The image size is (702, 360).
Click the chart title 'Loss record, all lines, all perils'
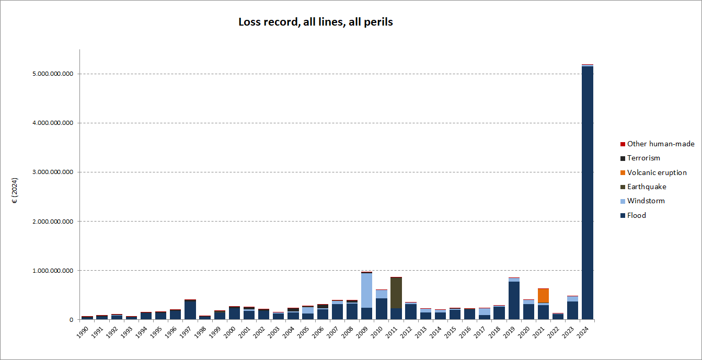(x=315, y=22)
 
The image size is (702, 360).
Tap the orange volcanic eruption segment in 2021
(x=543, y=296)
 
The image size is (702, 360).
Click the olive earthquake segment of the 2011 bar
(x=396, y=293)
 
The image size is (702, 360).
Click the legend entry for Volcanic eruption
(x=657, y=172)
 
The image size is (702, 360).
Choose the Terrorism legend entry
(x=643, y=158)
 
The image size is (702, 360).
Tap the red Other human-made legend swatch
(x=622, y=144)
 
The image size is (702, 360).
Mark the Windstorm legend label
(x=646, y=201)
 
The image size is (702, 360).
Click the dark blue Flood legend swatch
(x=622, y=216)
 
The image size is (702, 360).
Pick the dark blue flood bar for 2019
(x=514, y=300)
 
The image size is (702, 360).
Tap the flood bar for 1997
(x=190, y=311)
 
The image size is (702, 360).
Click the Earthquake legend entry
(x=647, y=187)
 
